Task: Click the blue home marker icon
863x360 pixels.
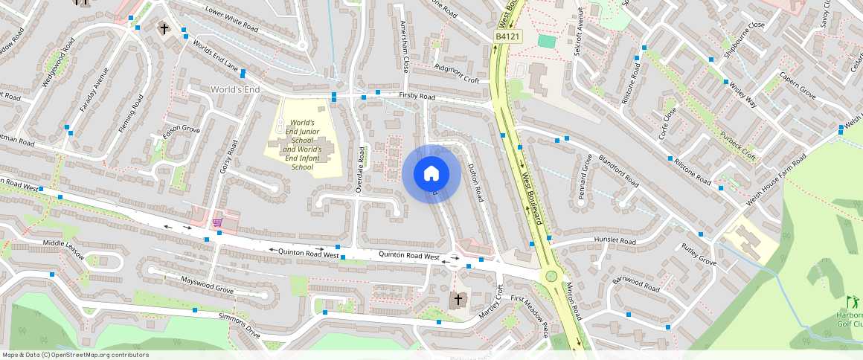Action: (431, 174)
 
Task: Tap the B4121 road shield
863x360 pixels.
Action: (508, 36)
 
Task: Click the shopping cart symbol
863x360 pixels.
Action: (217, 222)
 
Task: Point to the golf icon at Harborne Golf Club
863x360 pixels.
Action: (852, 302)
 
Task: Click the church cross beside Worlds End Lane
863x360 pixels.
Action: (164, 28)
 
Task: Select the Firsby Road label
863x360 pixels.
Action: (417, 96)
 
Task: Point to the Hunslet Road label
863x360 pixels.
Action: (615, 241)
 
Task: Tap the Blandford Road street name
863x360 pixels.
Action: (617, 171)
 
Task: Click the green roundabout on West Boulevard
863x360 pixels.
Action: (551, 276)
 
